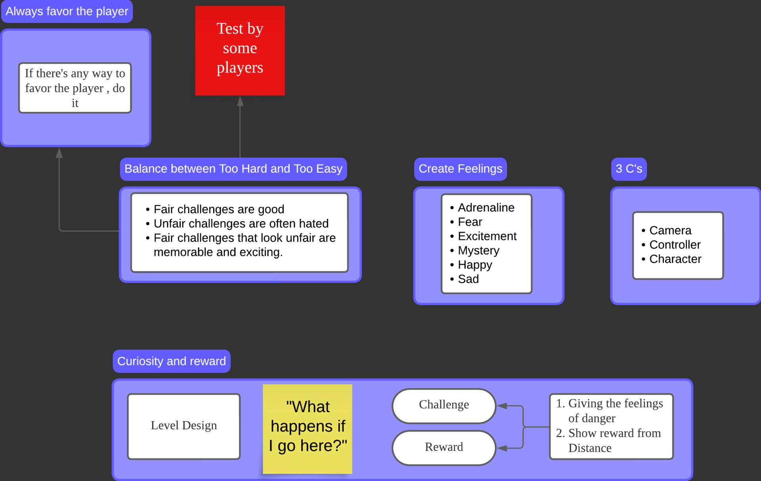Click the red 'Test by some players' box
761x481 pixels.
coord(240,50)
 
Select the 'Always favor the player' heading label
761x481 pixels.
coord(67,11)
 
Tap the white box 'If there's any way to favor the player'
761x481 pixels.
coord(75,88)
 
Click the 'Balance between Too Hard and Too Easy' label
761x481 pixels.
coord(233,169)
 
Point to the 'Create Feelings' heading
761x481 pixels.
coord(460,169)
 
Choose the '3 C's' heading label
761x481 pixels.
coord(629,169)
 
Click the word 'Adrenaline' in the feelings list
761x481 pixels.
coord(486,208)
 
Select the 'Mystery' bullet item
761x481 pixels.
coord(478,250)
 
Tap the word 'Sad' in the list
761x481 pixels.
coord(468,279)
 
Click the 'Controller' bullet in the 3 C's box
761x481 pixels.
coord(675,244)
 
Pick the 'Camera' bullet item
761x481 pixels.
coord(670,230)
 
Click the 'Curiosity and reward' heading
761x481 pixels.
coord(171,361)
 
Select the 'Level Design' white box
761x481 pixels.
coord(184,426)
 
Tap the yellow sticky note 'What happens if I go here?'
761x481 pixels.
coord(308,428)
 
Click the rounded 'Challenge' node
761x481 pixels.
coord(444,405)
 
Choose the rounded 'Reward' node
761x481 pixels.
coord(444,447)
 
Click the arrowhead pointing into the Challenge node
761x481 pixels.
coord(502,406)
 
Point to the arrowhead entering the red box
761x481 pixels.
coord(240,101)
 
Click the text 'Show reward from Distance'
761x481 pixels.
coord(614,440)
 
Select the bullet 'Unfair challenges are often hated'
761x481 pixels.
coord(241,223)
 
